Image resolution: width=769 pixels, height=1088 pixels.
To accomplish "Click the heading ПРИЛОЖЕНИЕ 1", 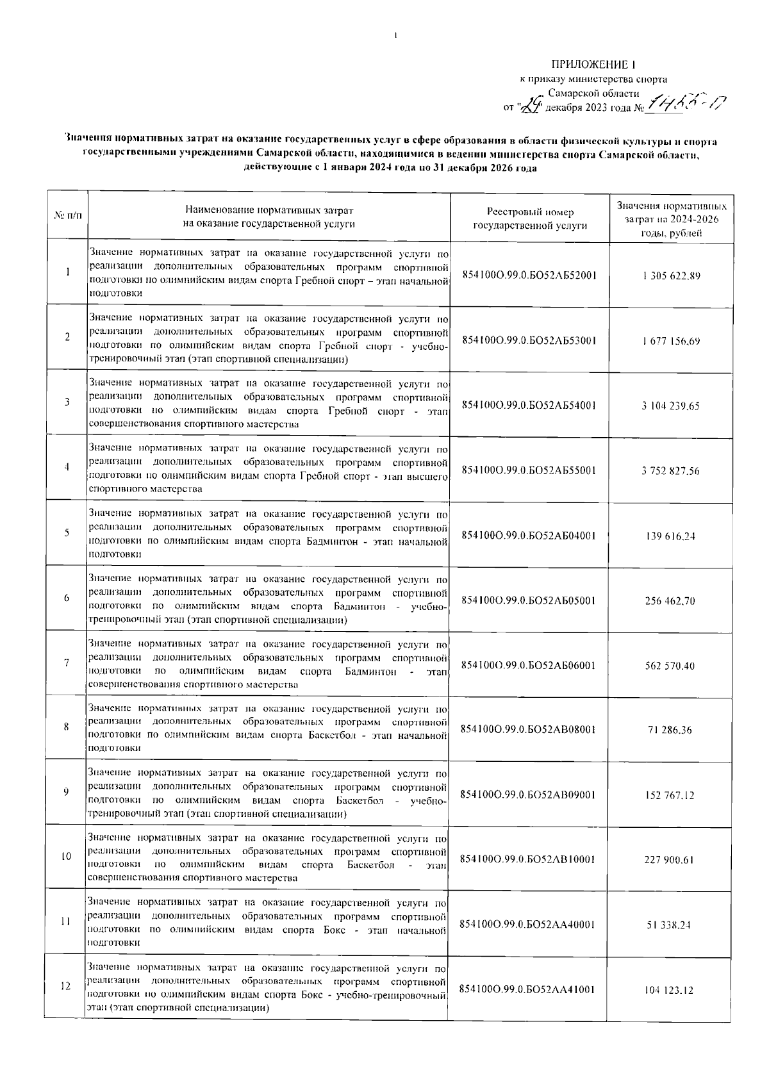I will click(593, 65).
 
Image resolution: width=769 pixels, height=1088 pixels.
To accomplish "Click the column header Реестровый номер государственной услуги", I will click(529, 218).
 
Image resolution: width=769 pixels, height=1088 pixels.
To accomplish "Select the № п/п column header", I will click(67, 218).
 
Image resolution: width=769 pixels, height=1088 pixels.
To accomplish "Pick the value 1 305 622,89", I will click(671, 276).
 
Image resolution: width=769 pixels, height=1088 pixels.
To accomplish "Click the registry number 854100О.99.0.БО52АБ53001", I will click(529, 341).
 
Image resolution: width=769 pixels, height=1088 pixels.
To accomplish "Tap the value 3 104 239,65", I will click(671, 406).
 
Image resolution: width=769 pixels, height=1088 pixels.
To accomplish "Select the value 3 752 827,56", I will click(671, 471).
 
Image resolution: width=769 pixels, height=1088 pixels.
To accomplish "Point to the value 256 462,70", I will click(671, 601).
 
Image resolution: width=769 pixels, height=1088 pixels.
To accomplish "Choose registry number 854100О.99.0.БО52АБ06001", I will click(529, 666).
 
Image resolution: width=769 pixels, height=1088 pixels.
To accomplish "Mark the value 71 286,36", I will click(671, 730).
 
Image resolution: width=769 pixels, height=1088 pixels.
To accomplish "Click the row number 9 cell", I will click(67, 792).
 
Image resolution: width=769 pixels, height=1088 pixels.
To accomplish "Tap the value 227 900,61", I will click(671, 860).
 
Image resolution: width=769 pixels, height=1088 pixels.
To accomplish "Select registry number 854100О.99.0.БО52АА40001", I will click(529, 925).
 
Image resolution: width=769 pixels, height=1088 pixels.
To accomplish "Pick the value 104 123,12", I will click(671, 990).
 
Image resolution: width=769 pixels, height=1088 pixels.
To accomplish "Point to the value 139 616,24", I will click(671, 536).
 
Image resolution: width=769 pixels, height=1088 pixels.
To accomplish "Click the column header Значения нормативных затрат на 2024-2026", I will click(671, 219).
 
